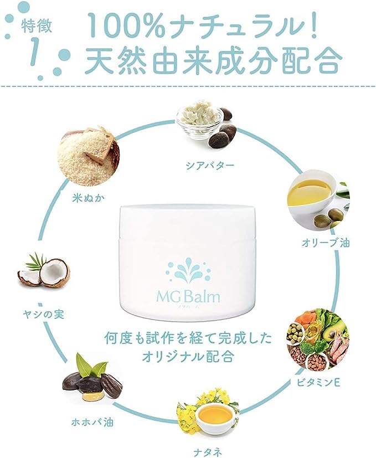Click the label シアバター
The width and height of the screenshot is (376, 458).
(x=210, y=166)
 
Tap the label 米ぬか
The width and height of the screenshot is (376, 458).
(x=88, y=198)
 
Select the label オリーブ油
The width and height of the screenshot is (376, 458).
(x=325, y=243)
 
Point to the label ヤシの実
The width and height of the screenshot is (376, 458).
(x=43, y=315)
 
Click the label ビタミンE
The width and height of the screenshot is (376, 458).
(x=318, y=383)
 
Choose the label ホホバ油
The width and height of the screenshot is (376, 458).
(x=92, y=422)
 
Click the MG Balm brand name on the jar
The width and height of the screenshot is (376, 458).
(x=188, y=296)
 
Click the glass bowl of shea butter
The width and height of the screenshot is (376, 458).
(x=198, y=120)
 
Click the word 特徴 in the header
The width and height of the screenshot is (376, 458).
(x=37, y=25)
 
